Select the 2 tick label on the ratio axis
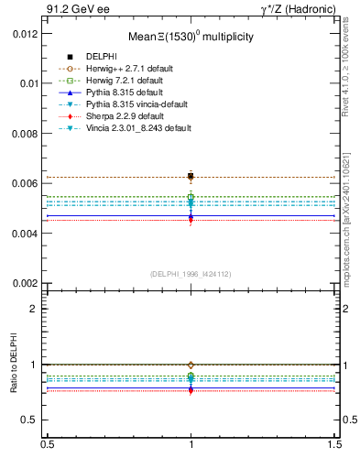pos(35,309)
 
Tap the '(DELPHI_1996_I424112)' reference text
pos(191,273)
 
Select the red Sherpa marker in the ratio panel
pos(191,390)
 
